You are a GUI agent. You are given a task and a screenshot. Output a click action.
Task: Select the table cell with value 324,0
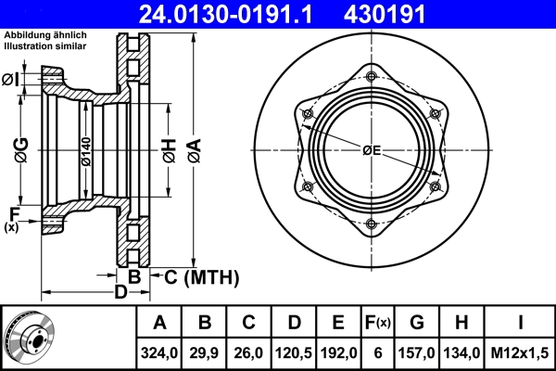click(x=159, y=353)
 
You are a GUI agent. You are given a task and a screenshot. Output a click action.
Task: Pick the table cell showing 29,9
click(x=205, y=353)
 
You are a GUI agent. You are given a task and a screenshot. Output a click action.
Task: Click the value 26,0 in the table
click(x=249, y=353)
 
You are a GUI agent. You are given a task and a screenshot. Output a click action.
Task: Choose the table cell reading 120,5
click(x=294, y=353)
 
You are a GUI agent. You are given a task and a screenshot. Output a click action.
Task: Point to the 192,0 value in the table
click(x=338, y=353)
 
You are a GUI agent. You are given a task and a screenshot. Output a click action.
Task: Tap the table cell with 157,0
click(x=417, y=353)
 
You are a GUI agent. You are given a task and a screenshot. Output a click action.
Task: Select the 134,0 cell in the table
click(x=461, y=353)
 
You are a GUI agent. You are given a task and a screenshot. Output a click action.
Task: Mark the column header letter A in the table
click(x=159, y=323)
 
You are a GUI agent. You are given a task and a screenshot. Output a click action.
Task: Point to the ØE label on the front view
click(x=372, y=150)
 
